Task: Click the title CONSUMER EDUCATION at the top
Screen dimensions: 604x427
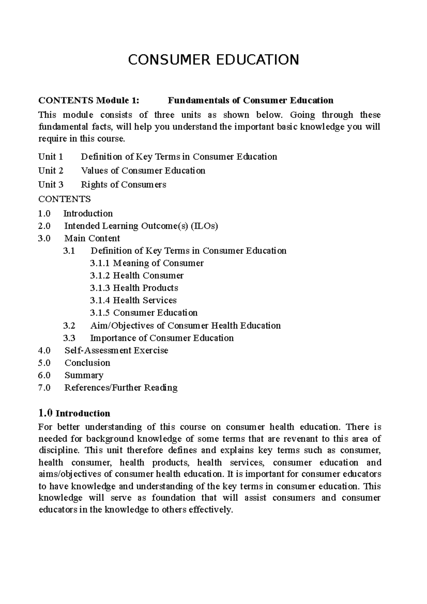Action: point(213,60)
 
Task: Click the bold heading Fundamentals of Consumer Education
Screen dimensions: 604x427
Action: point(250,101)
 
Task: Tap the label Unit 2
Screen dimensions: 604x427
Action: point(51,171)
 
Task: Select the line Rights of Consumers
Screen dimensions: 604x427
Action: point(123,185)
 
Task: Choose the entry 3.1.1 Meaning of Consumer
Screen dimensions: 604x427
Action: point(147,263)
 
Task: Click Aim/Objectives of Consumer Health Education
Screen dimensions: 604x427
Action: point(185,325)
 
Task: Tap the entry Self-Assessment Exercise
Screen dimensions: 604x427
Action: point(116,350)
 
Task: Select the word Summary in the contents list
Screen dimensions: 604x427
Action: point(84,375)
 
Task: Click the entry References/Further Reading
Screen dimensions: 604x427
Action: point(121,388)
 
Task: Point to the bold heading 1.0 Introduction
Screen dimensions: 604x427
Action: point(74,413)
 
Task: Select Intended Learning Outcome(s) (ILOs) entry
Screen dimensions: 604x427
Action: point(141,226)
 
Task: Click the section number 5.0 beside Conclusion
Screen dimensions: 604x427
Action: point(44,363)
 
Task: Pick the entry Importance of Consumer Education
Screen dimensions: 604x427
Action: point(162,338)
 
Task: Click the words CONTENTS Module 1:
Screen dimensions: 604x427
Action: point(89,101)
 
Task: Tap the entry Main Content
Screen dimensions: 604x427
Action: point(92,238)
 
